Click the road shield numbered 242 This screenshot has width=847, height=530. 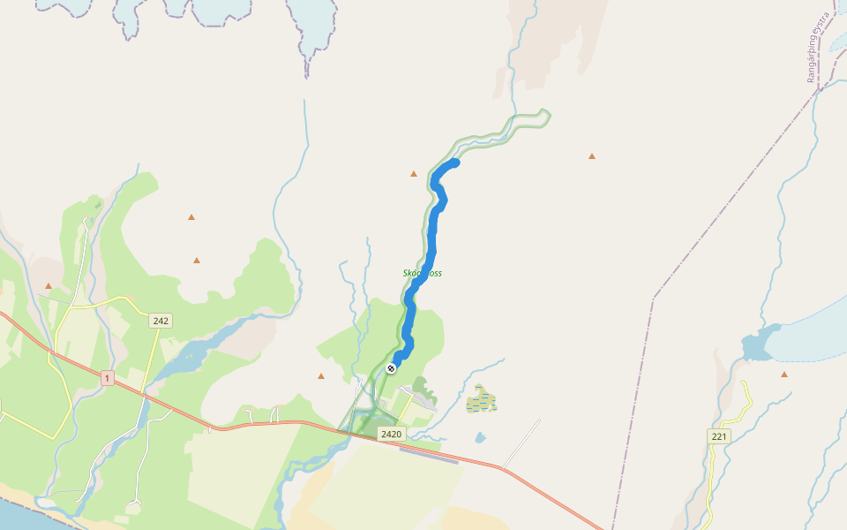tap(161, 321)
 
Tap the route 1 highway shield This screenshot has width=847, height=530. tap(107, 378)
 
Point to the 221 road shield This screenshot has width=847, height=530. tap(719, 436)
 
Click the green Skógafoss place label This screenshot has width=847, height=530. tap(422, 274)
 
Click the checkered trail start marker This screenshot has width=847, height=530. tap(390, 368)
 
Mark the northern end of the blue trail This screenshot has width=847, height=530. tap(455, 162)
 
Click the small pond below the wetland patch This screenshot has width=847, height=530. tap(479, 436)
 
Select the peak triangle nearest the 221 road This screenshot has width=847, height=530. tap(784, 375)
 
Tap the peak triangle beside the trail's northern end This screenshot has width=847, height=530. tap(413, 174)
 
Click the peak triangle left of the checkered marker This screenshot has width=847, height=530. tap(321, 376)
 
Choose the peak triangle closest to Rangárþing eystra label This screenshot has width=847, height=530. tap(592, 156)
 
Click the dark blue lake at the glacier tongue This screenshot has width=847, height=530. tap(757, 344)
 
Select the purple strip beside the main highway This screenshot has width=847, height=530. tap(428, 453)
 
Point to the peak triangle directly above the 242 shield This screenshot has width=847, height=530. tap(197, 261)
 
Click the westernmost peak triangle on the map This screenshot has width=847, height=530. tap(49, 286)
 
